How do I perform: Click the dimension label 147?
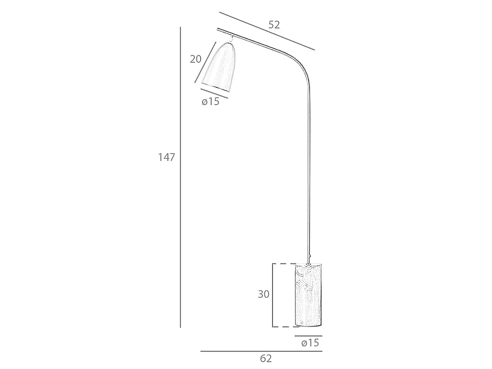coord(166,157)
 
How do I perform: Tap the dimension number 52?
coord(274,25)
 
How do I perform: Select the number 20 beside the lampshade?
coord(195,59)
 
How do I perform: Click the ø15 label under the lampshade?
coord(210,101)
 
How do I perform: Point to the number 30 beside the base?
coord(263,294)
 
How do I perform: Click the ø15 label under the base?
coord(310,342)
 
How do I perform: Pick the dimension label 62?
coord(266,358)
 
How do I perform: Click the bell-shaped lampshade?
coord(219,68)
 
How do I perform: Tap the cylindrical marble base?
coord(308,295)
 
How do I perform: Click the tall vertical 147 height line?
coord(180,178)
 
